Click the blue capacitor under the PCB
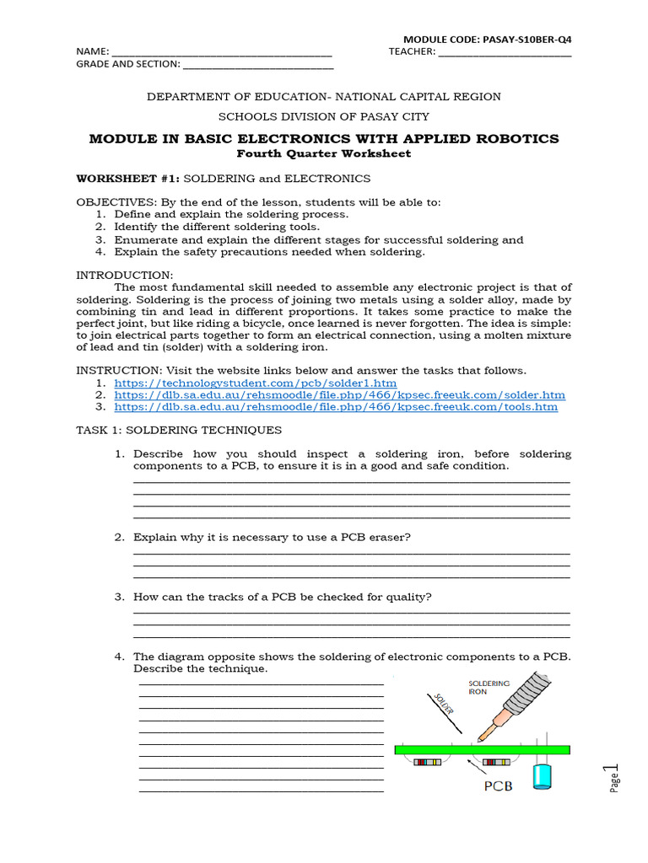coord(541,776)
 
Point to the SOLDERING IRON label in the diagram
coord(489,688)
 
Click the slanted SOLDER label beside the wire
coord(445,705)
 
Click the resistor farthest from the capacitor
coord(428,763)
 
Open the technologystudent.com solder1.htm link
coord(255,383)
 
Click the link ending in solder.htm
coord(339,394)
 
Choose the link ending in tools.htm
coord(336,406)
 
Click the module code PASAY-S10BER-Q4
coord(492,39)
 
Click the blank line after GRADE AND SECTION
coord(257,65)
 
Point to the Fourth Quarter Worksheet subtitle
coord(323,153)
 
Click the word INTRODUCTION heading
coord(125,275)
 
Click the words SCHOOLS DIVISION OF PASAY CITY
coord(323,116)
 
